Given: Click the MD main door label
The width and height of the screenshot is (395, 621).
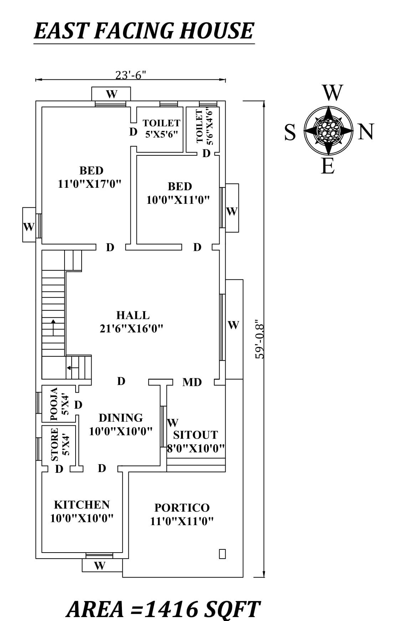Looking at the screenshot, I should point(192,382).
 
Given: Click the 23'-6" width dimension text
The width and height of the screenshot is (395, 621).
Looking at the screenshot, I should point(131,75).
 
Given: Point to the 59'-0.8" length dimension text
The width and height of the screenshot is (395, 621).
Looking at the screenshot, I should point(260,341).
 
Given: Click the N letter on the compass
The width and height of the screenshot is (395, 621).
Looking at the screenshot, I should point(366,132).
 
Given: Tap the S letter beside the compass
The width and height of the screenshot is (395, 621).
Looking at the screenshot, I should point(290,133).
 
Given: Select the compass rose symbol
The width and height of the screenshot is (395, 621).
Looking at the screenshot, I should point(328,130).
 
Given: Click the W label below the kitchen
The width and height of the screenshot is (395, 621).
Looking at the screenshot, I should point(100,565).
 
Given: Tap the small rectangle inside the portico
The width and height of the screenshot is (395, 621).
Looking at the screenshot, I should point(222,554).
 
